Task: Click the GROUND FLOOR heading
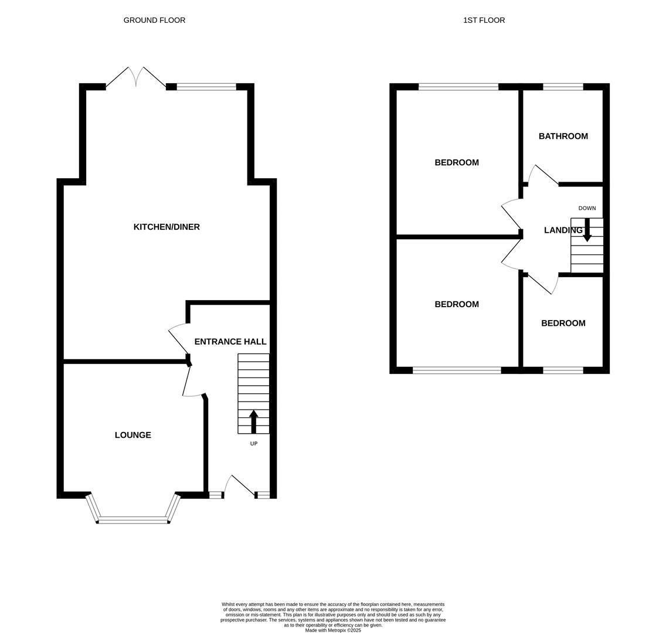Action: point(154,21)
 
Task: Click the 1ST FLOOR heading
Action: point(484,21)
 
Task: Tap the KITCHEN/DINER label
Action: point(167,227)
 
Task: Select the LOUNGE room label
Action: point(133,435)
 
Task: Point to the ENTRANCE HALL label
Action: point(230,342)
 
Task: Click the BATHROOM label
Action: point(563,136)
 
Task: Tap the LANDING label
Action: point(562,230)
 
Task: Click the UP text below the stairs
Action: point(254,444)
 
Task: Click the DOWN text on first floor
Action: point(587,208)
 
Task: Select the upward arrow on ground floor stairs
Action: point(254,421)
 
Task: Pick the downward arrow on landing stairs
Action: point(587,230)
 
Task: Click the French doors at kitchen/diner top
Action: point(136,78)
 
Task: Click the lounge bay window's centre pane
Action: point(133,520)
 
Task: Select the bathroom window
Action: point(563,87)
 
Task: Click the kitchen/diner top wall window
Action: point(206,87)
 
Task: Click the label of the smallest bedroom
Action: point(563,323)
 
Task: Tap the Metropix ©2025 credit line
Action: point(333,630)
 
